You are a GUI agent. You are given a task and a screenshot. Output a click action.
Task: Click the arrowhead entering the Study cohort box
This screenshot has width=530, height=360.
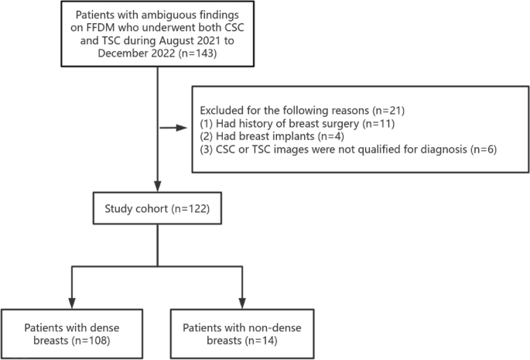(158, 188)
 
